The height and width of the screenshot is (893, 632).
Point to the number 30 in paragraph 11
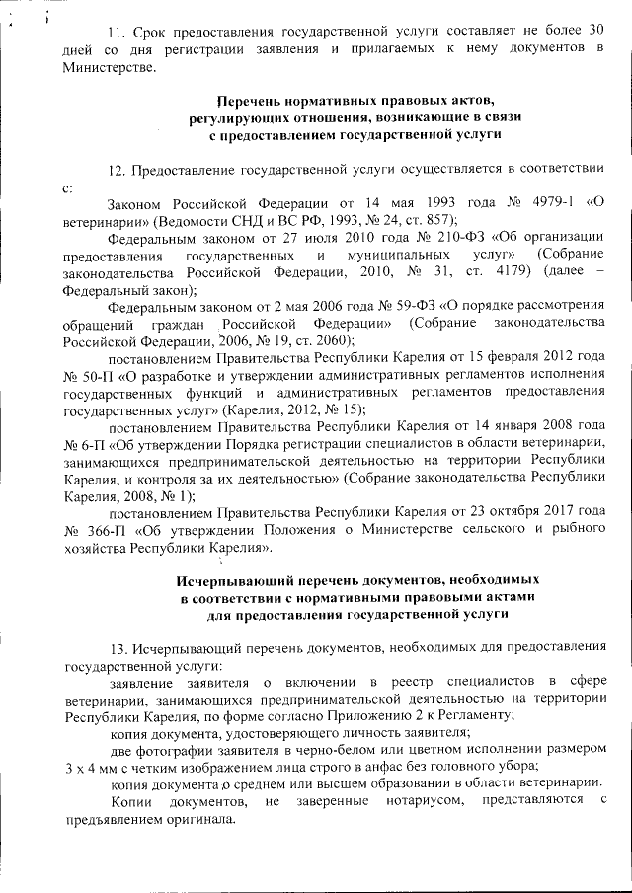click(592, 30)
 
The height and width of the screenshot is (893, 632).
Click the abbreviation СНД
click(247, 220)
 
